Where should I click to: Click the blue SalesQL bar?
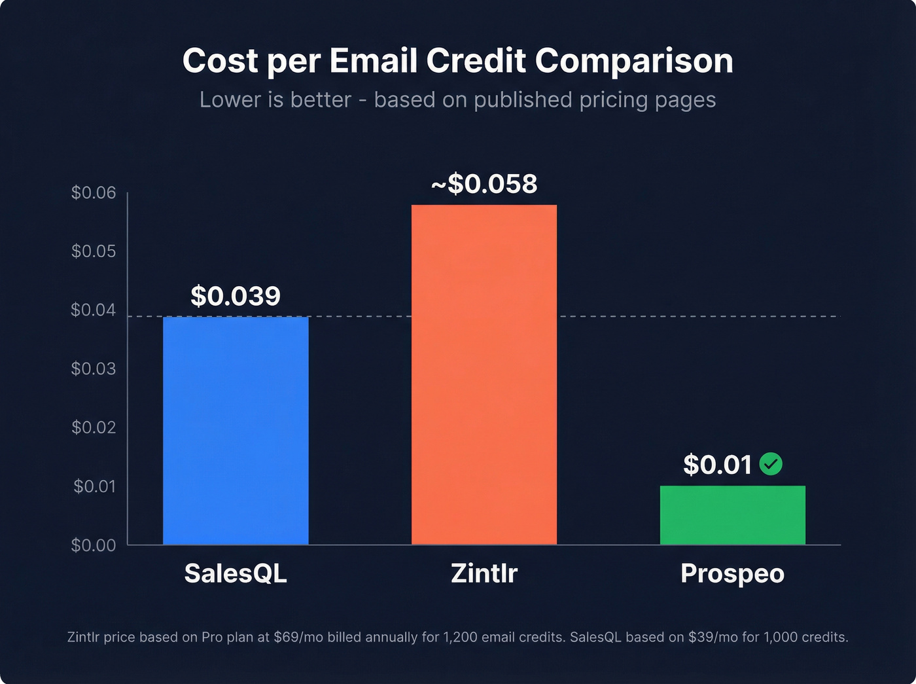click(236, 430)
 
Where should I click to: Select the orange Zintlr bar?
click(484, 374)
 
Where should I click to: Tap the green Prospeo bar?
click(732, 515)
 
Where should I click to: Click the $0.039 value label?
click(236, 297)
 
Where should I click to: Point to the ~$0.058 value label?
click(484, 184)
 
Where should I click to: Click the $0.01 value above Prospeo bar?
click(718, 465)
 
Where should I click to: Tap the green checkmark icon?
click(771, 464)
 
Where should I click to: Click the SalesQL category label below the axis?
click(236, 573)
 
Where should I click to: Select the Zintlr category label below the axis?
click(484, 573)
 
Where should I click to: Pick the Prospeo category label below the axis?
click(732, 573)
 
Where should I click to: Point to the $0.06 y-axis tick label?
click(94, 192)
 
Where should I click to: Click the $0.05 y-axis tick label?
click(94, 251)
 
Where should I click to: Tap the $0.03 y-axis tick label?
click(94, 369)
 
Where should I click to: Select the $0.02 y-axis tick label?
click(94, 427)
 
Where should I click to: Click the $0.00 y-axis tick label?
click(94, 545)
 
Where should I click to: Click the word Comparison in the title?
click(634, 61)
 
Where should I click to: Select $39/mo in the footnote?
click(713, 637)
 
